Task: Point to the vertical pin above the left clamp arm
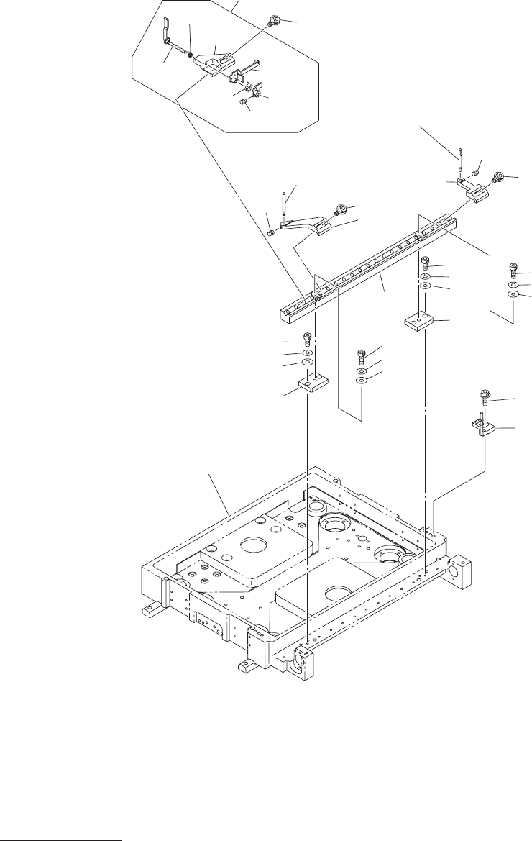click(285, 201)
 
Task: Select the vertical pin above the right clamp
click(458, 160)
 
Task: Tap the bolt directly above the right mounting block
click(425, 262)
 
